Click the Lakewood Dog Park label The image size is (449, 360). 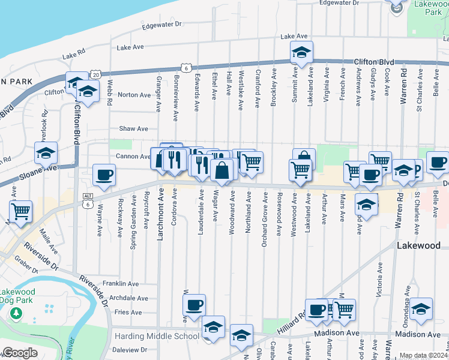point(17,296)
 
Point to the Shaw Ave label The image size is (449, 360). point(133,128)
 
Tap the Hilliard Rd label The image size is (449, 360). point(291,325)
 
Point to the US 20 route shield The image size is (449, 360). point(96,74)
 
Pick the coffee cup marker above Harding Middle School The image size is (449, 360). point(194,305)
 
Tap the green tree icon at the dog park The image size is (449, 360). point(16,314)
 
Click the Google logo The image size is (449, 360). point(19,353)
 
